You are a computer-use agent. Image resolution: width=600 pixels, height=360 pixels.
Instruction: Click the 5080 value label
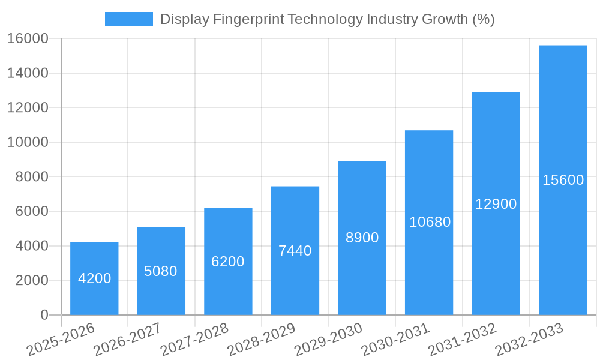pyautogui.click(x=161, y=271)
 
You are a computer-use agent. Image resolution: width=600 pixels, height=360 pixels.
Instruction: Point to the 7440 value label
pyautogui.click(x=295, y=251)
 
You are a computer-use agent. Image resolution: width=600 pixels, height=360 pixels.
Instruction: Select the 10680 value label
pyautogui.click(x=430, y=222)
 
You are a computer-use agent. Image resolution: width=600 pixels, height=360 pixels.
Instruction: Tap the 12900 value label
pyautogui.click(x=496, y=204)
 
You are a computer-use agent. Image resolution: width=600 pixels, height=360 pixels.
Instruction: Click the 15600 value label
pyautogui.click(x=563, y=180)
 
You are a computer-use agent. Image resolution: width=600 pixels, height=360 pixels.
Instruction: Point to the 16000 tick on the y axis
pyautogui.click(x=28, y=39)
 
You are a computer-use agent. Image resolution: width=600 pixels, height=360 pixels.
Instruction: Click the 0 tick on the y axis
pyautogui.click(x=44, y=315)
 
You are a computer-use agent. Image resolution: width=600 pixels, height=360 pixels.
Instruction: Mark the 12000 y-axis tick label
pyautogui.click(x=28, y=108)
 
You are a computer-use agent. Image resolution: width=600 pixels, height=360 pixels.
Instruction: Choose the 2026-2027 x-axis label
pyautogui.click(x=127, y=339)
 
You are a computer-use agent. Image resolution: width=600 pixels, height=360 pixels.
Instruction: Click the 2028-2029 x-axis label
pyautogui.click(x=261, y=339)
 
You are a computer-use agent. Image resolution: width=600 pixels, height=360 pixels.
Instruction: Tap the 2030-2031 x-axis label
pyautogui.click(x=395, y=339)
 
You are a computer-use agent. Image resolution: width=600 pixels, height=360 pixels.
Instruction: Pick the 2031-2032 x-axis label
pyautogui.click(x=462, y=339)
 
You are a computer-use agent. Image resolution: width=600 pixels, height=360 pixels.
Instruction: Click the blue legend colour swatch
pyautogui.click(x=128, y=19)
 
